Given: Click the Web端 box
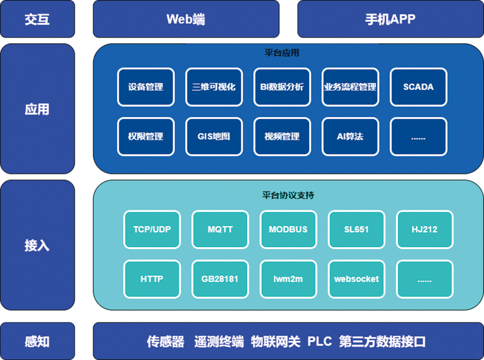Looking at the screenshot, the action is (x=186, y=19).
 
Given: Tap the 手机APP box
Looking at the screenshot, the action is (x=390, y=19).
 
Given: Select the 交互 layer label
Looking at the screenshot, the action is (x=37, y=19).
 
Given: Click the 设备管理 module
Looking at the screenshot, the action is (x=146, y=87).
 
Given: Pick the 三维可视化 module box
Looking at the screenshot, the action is (x=214, y=87).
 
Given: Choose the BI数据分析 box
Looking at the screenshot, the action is (x=282, y=87).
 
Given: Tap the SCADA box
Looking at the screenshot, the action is (x=419, y=87).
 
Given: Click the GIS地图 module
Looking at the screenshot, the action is (x=214, y=136).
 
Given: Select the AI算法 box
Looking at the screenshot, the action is (x=350, y=136).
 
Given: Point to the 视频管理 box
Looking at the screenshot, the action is (x=282, y=136).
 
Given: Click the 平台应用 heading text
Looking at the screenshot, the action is (x=282, y=53).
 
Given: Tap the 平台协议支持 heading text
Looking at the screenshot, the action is (x=288, y=195).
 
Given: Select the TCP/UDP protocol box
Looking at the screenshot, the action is (x=152, y=229).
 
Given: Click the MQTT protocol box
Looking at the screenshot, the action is (x=220, y=229).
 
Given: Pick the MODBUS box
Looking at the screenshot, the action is (x=288, y=229).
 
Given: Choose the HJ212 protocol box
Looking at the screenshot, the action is (x=425, y=229).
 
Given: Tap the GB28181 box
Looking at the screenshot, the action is (x=220, y=279).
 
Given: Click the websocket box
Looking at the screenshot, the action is (x=356, y=279).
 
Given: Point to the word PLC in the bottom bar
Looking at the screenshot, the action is (x=320, y=342).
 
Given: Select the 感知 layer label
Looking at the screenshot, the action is (x=37, y=342).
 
